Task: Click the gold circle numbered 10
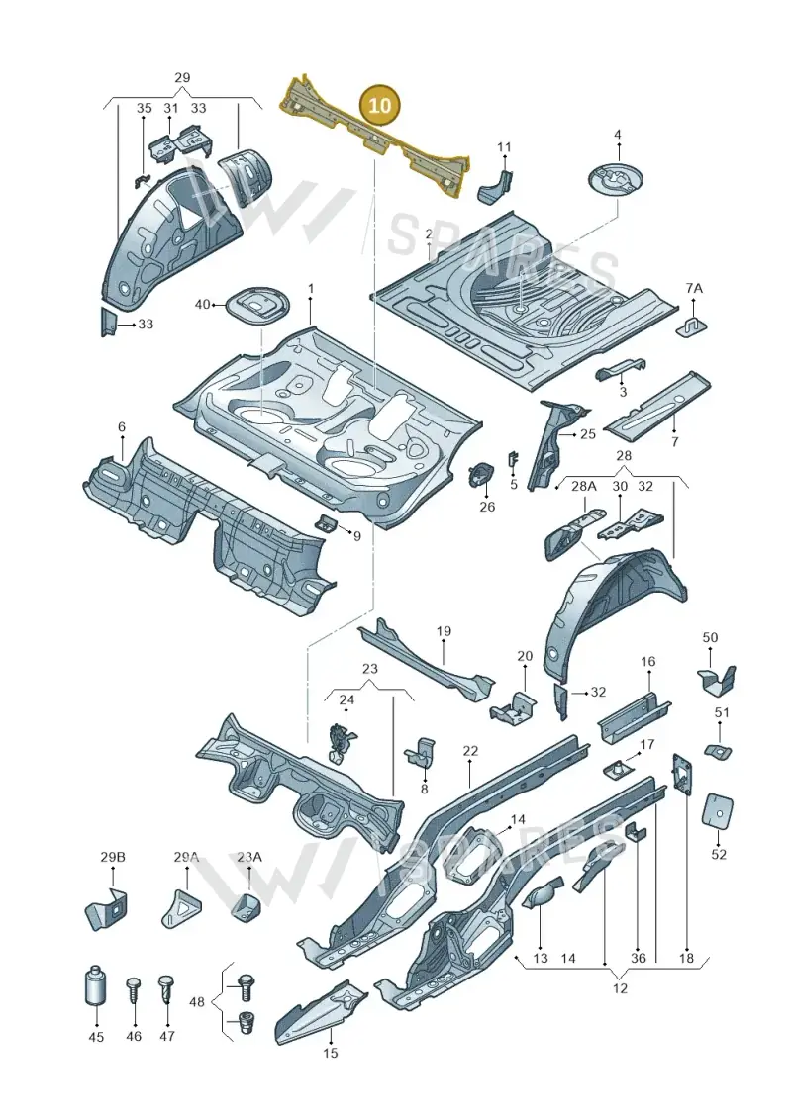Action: click(x=380, y=105)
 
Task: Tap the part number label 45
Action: click(x=96, y=1036)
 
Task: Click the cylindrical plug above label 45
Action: click(x=95, y=987)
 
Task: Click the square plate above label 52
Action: click(x=719, y=810)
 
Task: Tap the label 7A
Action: click(x=693, y=288)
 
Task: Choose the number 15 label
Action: click(x=331, y=1052)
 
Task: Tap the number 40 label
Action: click(x=203, y=305)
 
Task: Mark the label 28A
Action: click(x=583, y=486)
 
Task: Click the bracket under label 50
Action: click(x=717, y=678)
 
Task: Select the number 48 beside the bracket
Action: click(x=196, y=1002)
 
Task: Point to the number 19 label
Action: click(x=444, y=631)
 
